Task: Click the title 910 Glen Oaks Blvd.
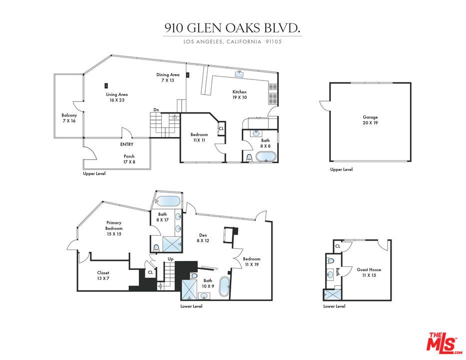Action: click(x=232, y=28)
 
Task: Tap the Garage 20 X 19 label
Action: click(x=370, y=120)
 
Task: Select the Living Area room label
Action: click(x=117, y=97)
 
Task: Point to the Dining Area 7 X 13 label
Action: click(x=168, y=77)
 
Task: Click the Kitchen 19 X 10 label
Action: click(x=240, y=94)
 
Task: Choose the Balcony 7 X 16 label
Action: click(x=69, y=118)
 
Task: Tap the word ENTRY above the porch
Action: click(x=127, y=144)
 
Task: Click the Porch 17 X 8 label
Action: click(x=129, y=159)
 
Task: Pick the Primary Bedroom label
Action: click(x=114, y=228)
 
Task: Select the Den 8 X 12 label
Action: click(x=203, y=237)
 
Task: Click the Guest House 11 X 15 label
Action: click(x=369, y=272)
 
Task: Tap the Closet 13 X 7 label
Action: click(x=103, y=275)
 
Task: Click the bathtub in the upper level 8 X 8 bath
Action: click(x=266, y=157)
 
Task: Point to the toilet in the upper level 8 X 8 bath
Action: click(x=249, y=157)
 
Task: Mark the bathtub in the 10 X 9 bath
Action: click(x=225, y=287)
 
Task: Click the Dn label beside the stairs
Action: click(x=156, y=110)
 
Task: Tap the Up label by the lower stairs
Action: click(x=171, y=259)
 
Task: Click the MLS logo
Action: click(x=444, y=342)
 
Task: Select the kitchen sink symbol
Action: click(x=240, y=74)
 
